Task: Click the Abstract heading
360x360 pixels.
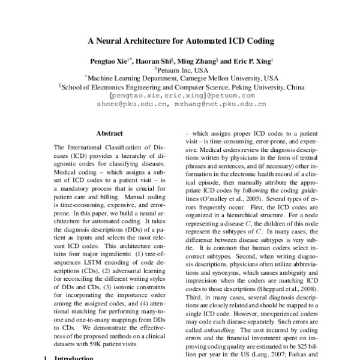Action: pos(109,133)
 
